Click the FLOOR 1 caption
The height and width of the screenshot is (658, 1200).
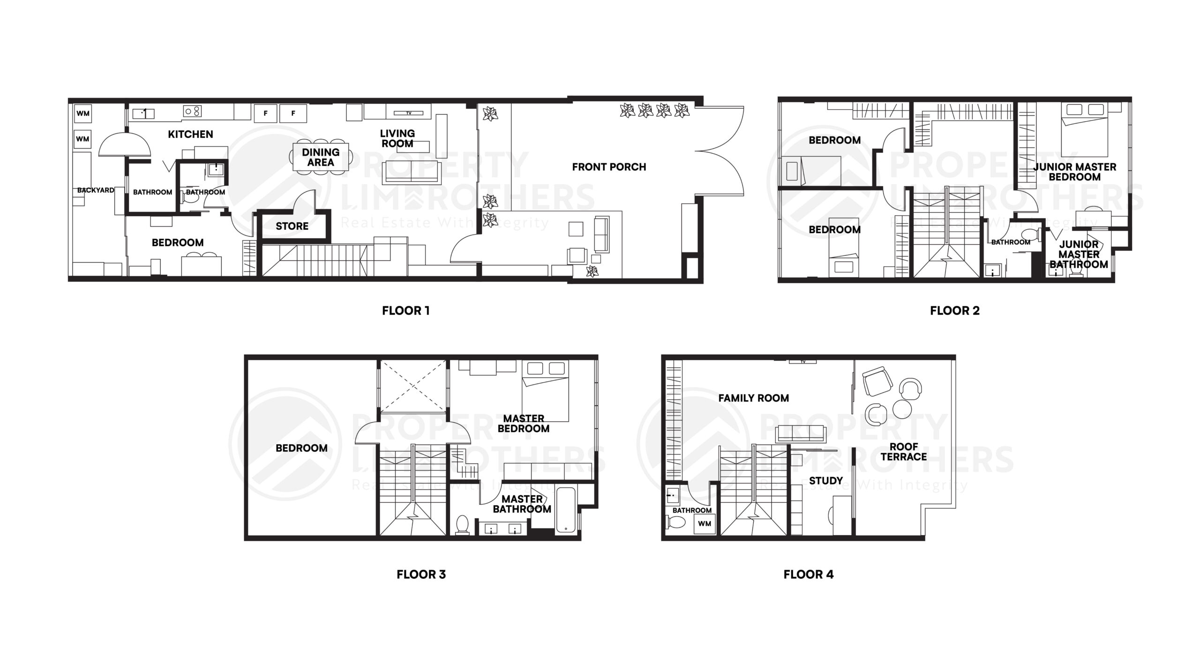405,310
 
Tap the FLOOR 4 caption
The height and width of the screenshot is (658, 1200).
809,575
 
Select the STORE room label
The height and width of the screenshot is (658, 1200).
292,226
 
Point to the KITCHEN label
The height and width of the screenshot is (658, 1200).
190,134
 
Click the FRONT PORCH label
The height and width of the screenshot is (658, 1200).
609,167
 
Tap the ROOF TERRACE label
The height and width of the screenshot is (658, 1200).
904,452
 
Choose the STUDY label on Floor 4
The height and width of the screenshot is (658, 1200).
826,481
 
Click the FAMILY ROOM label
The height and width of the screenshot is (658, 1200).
753,398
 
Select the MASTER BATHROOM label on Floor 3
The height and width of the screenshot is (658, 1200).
522,504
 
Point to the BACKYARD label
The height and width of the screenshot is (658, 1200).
96,190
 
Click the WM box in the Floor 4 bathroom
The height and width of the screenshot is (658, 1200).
705,524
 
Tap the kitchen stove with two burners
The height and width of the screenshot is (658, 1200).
193,111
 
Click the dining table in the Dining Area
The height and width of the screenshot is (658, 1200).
321,157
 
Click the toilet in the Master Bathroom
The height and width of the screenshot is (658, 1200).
463,525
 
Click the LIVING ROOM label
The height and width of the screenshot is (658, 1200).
397,138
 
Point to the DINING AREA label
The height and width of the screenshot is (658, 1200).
321,157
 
